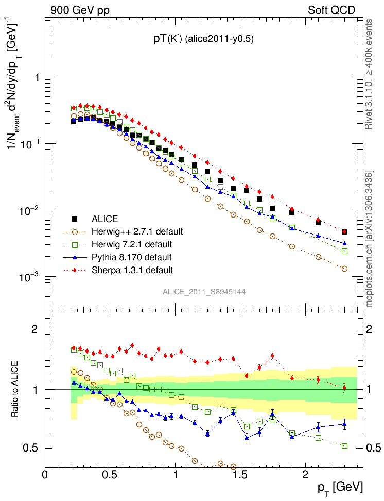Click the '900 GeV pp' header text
click(80, 9)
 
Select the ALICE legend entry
click(104, 219)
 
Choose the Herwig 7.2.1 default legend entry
click(135, 244)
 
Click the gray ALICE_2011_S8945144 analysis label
click(204, 292)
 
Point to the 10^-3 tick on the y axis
click(31, 277)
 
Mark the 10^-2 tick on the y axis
click(31, 211)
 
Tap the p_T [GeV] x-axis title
click(340, 487)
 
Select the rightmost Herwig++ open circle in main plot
click(344, 269)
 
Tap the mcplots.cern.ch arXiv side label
click(369, 239)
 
